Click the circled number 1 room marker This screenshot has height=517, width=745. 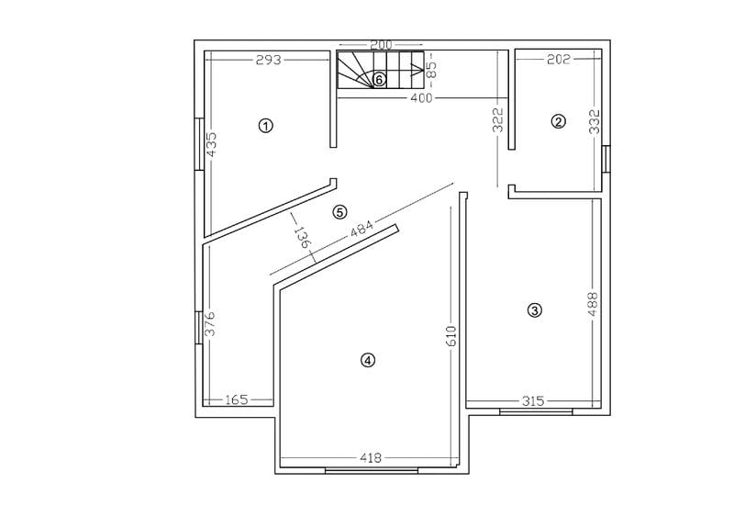(x=266, y=125)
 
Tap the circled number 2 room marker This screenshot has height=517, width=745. (x=558, y=120)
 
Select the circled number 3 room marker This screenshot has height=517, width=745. (x=536, y=310)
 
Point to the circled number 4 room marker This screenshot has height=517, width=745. (x=368, y=360)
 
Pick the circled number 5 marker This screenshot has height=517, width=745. (x=340, y=212)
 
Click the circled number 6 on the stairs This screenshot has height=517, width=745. (x=379, y=80)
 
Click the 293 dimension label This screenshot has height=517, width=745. (x=268, y=60)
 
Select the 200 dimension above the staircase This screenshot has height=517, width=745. (x=381, y=45)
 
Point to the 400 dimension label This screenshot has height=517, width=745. (x=420, y=97)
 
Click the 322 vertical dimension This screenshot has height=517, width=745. (x=498, y=121)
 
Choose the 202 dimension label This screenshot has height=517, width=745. (x=558, y=60)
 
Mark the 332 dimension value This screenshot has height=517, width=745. (x=594, y=123)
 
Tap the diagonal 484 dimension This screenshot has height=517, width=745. (x=362, y=230)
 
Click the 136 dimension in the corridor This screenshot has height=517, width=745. (x=301, y=238)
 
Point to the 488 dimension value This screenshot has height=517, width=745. (x=593, y=305)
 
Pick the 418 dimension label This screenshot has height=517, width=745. (x=371, y=457)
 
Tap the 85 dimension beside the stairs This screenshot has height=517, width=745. (x=432, y=66)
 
